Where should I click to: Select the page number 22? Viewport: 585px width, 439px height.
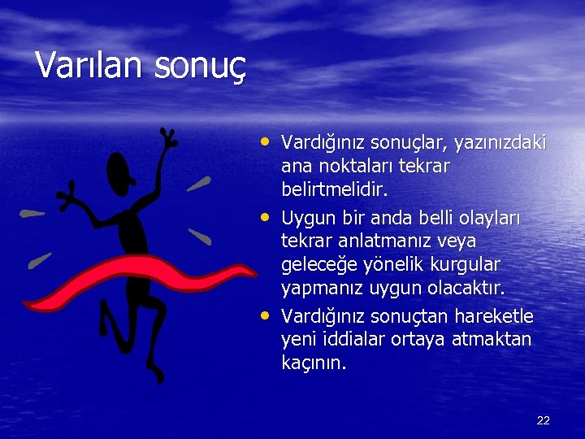click(x=544, y=420)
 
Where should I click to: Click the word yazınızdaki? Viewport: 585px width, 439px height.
click(x=500, y=144)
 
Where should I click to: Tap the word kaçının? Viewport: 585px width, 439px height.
click(x=314, y=363)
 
